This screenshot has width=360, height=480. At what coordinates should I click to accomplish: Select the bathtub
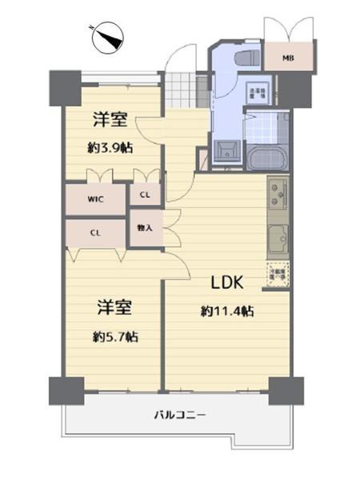coord(264,156)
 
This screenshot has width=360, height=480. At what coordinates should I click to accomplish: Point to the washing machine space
coord(257,93)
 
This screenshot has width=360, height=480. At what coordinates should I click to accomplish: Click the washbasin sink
coord(224,150)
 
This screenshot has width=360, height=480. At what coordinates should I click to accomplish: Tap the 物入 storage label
coord(145,228)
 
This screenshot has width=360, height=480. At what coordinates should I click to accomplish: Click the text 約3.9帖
coord(110,148)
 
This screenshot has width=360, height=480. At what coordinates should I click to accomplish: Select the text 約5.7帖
coord(114,336)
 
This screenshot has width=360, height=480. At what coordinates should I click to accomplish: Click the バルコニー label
coord(180,415)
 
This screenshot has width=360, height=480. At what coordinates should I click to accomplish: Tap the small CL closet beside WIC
coord(145,194)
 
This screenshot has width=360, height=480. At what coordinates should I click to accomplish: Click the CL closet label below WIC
coord(95,233)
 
